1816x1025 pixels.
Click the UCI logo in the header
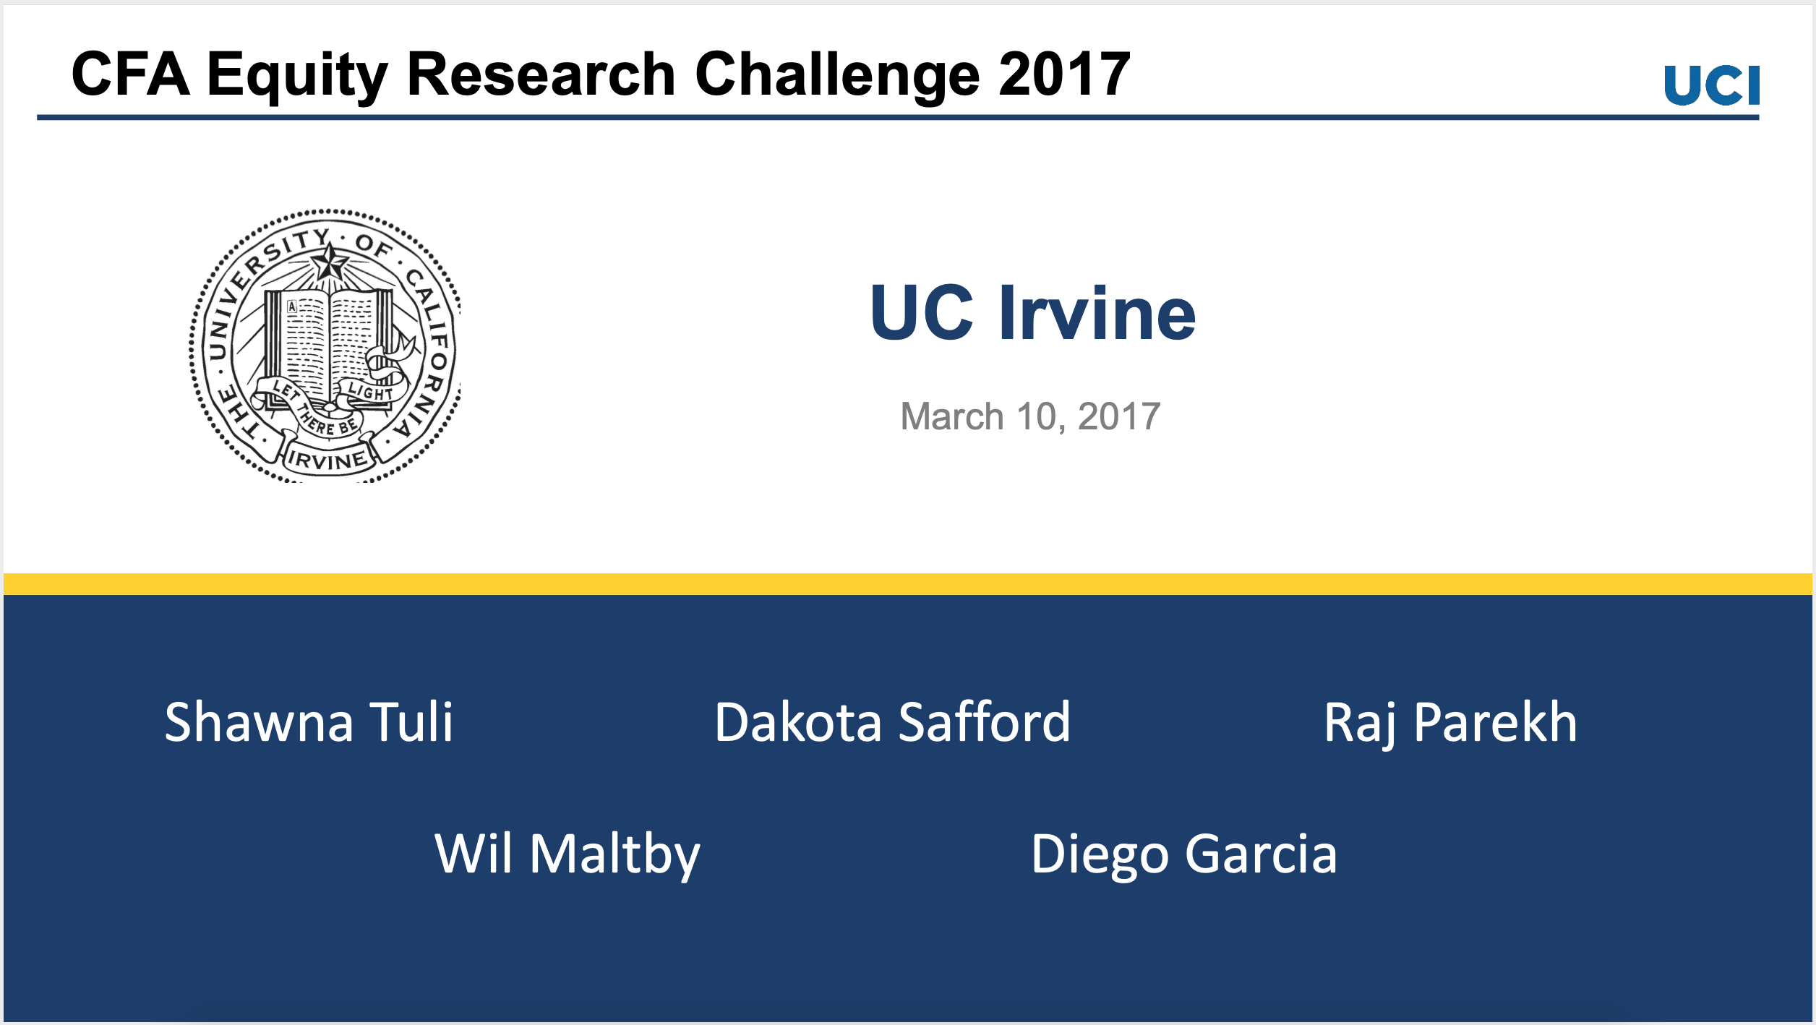1711,85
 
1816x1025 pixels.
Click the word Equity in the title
297,75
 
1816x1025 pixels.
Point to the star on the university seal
330,262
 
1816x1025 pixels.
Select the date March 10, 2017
1030,417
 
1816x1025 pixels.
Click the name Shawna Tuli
309,722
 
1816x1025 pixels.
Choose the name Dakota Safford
892,722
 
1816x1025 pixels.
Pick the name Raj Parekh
1450,722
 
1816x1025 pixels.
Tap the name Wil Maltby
567,854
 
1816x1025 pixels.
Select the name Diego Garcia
1183,854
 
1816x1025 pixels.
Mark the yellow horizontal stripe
908,584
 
